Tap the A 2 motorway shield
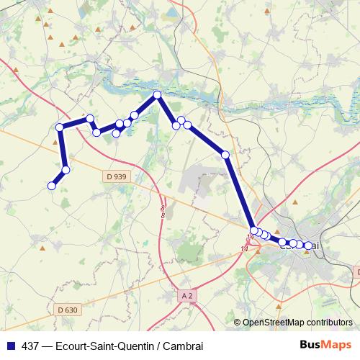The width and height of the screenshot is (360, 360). pos(187,296)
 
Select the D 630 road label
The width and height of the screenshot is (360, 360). pos(66,310)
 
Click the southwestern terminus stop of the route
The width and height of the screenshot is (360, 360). pos(52,186)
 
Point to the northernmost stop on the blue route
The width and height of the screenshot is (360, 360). pos(156,94)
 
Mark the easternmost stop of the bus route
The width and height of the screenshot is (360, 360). pos(309,246)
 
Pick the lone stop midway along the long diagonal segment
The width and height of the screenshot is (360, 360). pos(225,155)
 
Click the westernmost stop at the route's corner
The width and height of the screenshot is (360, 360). pos(60,128)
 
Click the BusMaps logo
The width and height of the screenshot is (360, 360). pos(325,345)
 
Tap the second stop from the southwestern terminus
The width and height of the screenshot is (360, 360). pos(66,170)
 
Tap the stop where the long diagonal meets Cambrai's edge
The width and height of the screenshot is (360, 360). pos(254,230)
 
